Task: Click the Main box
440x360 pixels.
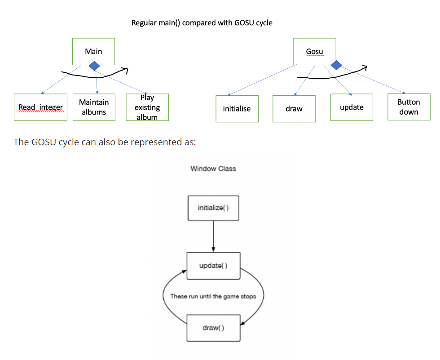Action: (x=93, y=51)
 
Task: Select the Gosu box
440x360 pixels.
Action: (x=314, y=51)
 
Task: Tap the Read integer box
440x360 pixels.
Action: (x=40, y=107)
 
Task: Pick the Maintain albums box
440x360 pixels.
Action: (x=94, y=107)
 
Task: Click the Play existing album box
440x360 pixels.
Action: (x=147, y=107)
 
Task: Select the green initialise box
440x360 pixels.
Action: (x=237, y=108)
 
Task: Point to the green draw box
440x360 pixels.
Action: (x=294, y=108)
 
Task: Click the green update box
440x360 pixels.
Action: (x=352, y=107)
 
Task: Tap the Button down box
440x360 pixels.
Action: (x=409, y=107)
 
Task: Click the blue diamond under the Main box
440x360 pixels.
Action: (x=94, y=66)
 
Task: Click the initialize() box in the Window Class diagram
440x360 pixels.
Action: (x=213, y=208)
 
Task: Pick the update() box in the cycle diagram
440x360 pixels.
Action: (x=213, y=265)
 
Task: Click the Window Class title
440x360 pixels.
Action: (x=213, y=169)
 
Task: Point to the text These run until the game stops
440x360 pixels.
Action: (x=213, y=296)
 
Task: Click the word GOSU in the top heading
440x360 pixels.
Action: (x=245, y=22)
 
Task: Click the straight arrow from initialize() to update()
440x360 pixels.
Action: (x=213, y=236)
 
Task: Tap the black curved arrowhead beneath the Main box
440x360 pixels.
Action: (x=125, y=70)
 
